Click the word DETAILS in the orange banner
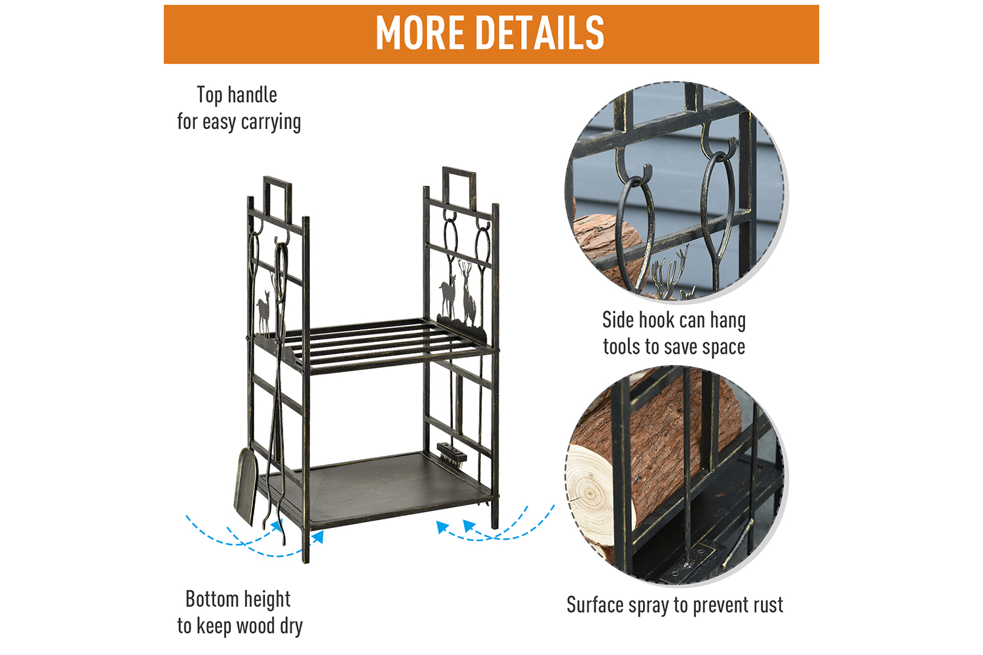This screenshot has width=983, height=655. (x=540, y=33)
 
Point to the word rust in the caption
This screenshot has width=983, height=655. (x=769, y=605)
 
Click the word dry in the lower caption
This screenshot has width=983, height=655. (x=291, y=626)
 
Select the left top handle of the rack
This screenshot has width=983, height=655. (x=277, y=200)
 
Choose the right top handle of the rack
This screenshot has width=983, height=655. (x=459, y=188)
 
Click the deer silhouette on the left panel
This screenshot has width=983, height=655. (x=263, y=312)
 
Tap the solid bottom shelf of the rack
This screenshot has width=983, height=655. (x=377, y=487)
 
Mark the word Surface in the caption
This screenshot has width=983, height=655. (x=595, y=605)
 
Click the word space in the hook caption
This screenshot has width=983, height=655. (x=723, y=347)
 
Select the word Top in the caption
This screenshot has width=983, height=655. (x=210, y=95)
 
